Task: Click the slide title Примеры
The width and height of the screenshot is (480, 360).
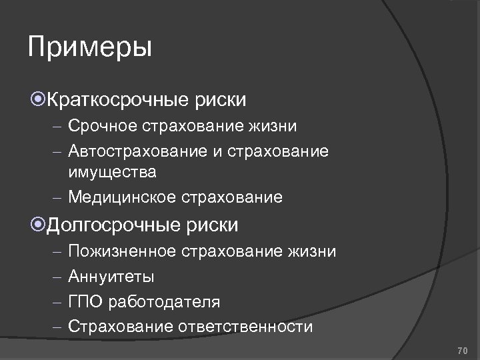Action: click(91, 48)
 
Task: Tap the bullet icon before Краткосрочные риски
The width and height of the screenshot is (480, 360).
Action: click(38, 100)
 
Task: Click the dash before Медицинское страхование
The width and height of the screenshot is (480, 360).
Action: click(57, 198)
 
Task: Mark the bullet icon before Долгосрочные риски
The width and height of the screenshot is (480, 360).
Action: click(38, 225)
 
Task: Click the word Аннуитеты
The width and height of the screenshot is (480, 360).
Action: click(111, 276)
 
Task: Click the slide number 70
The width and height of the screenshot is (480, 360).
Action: click(462, 349)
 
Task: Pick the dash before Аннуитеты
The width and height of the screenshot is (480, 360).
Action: click(57, 277)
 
